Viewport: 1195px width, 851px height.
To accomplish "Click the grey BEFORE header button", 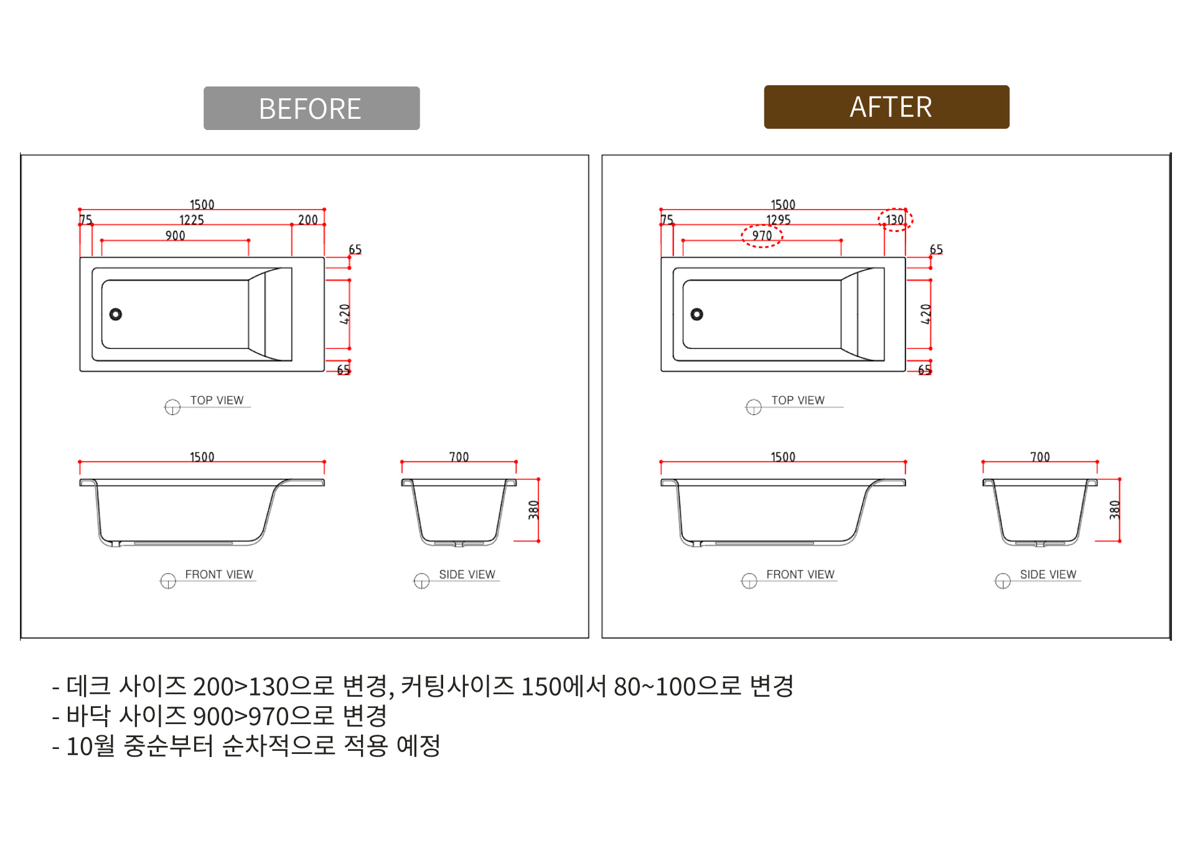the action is coord(311,108).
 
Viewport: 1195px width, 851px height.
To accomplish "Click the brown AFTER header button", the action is coord(886,107).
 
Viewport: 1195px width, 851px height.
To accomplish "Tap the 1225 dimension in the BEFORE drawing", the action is coord(192,220).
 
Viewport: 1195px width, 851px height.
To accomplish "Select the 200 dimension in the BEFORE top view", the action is coord(308,220).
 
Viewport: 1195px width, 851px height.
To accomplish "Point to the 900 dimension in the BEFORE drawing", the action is coord(176,236).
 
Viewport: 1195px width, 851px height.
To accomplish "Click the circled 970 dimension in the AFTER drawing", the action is coord(762,236).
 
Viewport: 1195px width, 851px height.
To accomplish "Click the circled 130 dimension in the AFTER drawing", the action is coord(894,220).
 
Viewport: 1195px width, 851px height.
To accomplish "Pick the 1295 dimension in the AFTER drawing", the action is coord(779,220).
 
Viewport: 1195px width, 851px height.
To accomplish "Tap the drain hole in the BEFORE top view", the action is coord(116,314).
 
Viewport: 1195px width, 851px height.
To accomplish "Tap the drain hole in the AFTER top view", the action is coord(697,314).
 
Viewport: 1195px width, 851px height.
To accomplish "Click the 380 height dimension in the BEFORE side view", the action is coord(533,509).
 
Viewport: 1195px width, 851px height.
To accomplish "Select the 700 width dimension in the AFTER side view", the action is coord(1040,457).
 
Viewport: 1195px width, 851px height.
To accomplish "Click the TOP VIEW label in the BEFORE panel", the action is coord(217,400).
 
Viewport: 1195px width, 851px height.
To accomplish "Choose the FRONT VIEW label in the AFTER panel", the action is coord(800,574).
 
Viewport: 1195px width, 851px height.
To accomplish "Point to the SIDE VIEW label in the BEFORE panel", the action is coord(467,574).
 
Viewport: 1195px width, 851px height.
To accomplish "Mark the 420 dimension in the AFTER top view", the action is coord(926,314).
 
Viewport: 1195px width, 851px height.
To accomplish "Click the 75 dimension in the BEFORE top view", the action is coord(86,220).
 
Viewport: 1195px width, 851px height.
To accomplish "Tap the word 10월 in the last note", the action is coord(91,746).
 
